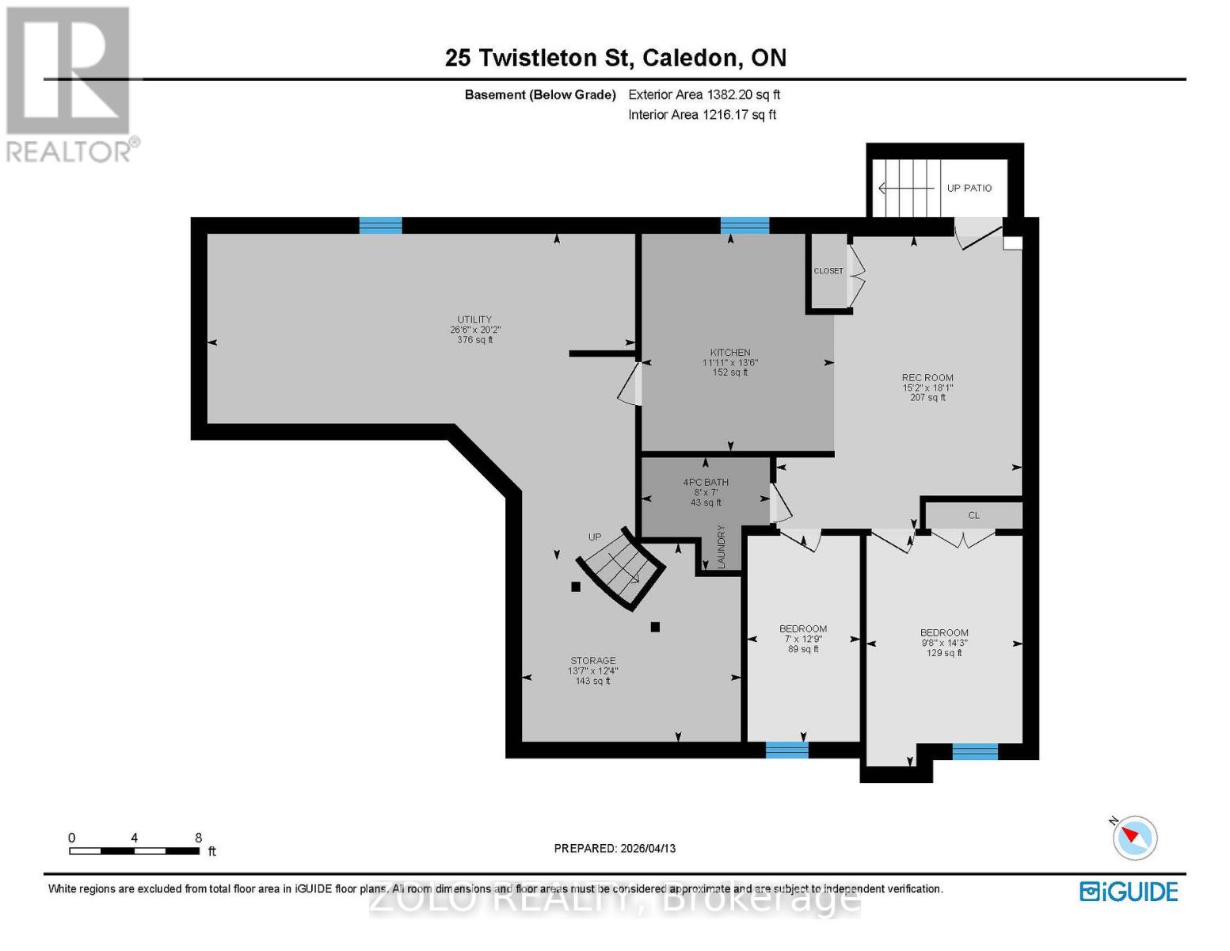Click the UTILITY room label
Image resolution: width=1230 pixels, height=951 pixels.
(474, 320)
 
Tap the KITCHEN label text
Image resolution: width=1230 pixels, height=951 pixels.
(729, 353)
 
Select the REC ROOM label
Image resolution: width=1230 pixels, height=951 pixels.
(927, 378)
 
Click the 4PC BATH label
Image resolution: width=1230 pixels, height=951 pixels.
(706, 483)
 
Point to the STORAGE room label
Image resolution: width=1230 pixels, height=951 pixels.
(592, 661)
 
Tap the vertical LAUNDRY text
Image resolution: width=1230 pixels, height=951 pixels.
(722, 546)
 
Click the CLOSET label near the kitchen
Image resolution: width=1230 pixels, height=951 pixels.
(828, 271)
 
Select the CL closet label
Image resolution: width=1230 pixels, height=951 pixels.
(973, 515)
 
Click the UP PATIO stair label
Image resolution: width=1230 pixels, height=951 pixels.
(969, 188)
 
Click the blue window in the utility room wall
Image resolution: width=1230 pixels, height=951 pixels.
(380, 225)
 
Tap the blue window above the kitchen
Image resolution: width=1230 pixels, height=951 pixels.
(744, 225)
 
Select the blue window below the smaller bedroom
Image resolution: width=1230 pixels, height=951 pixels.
(786, 750)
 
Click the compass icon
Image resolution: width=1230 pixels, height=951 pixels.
(1135, 837)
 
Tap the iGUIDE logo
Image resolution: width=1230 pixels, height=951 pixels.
(1129, 892)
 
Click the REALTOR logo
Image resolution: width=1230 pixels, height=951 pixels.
(70, 83)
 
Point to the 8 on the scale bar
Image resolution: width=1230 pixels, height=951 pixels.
(199, 838)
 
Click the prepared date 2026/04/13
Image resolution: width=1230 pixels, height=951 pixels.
(646, 848)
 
